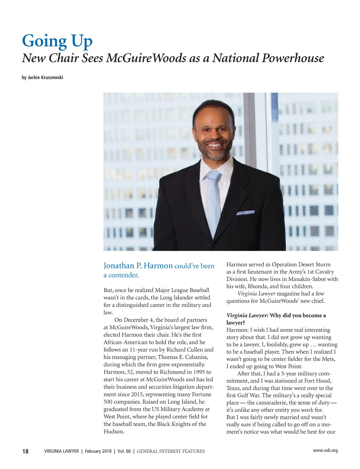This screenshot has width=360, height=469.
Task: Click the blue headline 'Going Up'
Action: pos(57,41)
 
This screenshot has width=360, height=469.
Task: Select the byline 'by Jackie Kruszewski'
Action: pos(42,77)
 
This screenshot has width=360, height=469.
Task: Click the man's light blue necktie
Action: pos(213,201)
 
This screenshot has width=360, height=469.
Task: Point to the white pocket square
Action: pos(245,213)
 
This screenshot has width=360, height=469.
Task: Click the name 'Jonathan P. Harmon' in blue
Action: pos(138,266)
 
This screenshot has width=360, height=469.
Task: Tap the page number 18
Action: pos(25,451)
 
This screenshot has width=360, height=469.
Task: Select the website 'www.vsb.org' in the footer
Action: pos(325,450)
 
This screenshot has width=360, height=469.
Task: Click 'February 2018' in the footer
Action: pos(98,451)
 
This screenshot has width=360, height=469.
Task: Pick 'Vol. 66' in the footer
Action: pos(124,451)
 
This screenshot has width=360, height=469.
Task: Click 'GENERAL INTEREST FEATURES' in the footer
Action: pos(171,451)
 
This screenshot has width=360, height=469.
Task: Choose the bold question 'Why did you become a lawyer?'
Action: pos(298,315)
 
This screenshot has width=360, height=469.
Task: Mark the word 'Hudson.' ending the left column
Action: pos(114,432)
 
